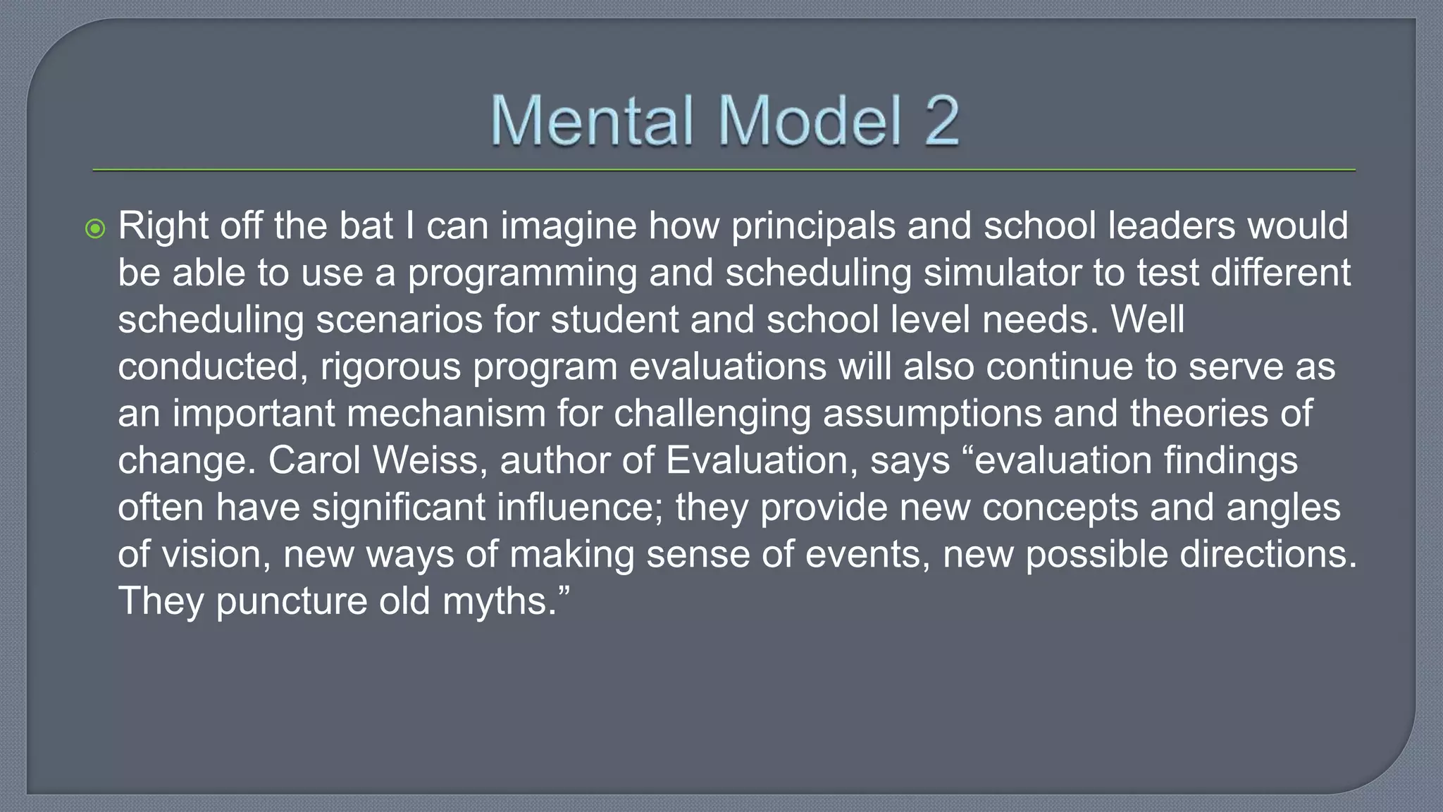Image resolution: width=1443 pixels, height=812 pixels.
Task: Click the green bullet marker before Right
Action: [x=95, y=228]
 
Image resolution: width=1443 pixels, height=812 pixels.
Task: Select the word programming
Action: [x=522, y=274]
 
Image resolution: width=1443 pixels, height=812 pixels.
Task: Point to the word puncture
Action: [x=291, y=601]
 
